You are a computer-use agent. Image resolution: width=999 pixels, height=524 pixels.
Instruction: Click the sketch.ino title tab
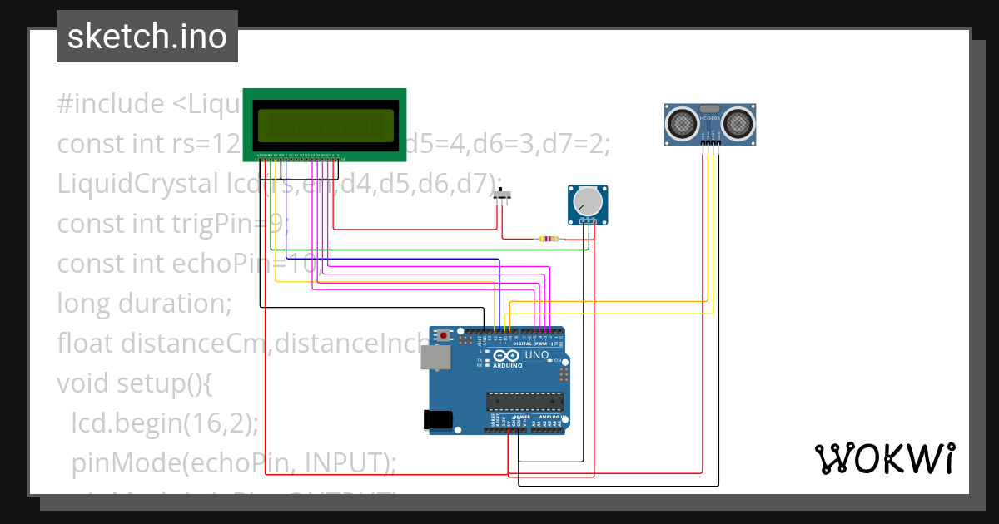[147, 37]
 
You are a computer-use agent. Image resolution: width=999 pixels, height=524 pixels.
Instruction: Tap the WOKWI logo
[884, 458]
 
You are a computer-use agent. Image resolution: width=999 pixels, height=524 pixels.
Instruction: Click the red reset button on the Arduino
[445, 336]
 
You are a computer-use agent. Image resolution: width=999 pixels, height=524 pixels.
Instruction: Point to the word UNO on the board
[537, 355]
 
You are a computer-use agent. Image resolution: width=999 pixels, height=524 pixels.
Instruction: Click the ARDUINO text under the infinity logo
[507, 365]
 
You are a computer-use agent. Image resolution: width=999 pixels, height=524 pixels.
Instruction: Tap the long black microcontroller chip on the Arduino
[524, 402]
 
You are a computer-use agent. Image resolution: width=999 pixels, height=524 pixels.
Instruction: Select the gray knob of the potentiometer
[588, 201]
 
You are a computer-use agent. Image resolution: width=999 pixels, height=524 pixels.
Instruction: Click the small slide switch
[502, 195]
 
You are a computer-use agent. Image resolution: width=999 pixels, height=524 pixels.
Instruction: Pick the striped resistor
[549, 240]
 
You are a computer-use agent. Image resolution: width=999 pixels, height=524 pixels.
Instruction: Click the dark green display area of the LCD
[325, 125]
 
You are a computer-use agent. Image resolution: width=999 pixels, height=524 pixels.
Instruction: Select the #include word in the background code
[111, 104]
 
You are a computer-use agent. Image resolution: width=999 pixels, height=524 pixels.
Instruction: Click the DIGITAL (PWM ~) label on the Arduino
[534, 344]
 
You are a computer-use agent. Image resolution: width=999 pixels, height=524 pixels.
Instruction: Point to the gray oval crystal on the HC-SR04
[710, 109]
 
